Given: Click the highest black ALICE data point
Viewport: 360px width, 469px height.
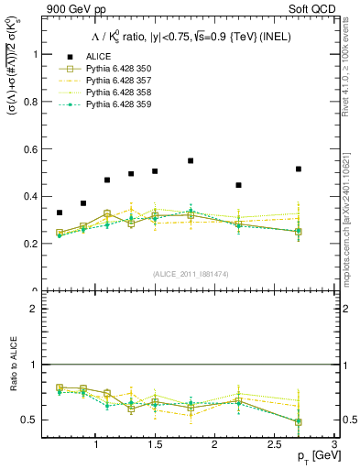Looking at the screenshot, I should click(191, 160).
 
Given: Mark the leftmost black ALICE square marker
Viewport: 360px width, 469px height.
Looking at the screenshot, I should click(60, 213).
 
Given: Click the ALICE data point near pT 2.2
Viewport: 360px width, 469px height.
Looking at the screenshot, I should click(238, 185).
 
